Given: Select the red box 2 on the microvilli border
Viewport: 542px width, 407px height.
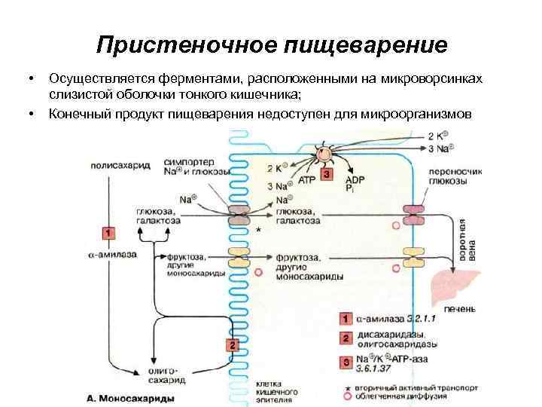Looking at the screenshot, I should (x=233, y=345).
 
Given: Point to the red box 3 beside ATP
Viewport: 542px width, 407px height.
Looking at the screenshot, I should (x=326, y=175).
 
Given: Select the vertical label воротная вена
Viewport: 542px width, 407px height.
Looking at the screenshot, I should (x=469, y=240).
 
